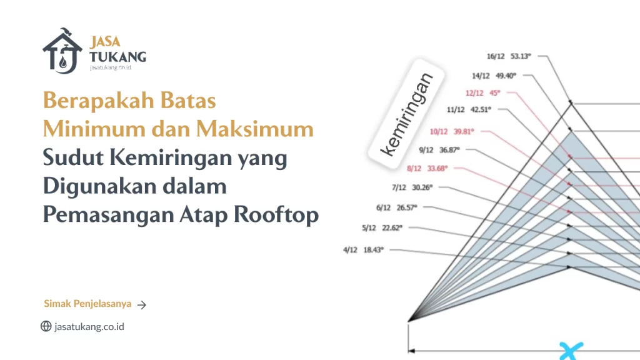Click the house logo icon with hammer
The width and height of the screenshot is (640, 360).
pyautogui.click(x=62, y=51)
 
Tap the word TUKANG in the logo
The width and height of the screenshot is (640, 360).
pyautogui.click(x=117, y=57)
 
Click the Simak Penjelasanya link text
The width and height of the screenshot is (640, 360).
pyautogui.click(x=87, y=304)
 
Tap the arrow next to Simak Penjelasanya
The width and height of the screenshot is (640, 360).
pyautogui.click(x=142, y=305)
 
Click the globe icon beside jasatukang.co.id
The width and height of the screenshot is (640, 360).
pyautogui.click(x=46, y=326)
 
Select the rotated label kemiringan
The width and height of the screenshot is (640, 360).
pyautogui.click(x=406, y=114)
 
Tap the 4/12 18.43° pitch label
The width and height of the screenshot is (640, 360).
pyautogui.click(x=362, y=249)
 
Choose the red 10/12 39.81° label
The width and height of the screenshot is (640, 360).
pyautogui.click(x=452, y=131)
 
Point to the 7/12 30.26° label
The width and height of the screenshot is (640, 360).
pyautogui.click(x=412, y=187)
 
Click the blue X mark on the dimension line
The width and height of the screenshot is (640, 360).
pyautogui.click(x=570, y=350)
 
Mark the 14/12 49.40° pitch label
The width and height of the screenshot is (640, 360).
pyautogui.click(x=494, y=76)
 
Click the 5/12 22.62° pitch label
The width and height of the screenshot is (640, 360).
pyautogui.click(x=381, y=227)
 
